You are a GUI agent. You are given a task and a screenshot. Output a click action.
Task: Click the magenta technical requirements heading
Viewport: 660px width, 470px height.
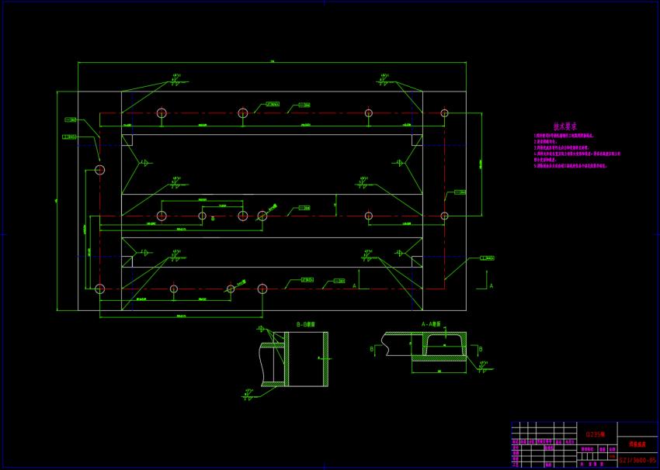coord(564,126)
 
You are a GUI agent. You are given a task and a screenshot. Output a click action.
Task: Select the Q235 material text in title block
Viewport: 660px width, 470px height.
coord(596,434)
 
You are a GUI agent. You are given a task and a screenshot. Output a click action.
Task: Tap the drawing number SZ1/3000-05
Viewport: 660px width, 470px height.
coord(637,461)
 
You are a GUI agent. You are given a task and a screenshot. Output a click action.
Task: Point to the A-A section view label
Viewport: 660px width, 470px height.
coord(430,324)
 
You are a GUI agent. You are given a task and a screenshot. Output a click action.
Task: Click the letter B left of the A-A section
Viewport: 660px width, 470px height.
coord(372,349)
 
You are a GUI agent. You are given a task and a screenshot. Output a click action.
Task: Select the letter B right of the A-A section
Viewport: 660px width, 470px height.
coord(480,349)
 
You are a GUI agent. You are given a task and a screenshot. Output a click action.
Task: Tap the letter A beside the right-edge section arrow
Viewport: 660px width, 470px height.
coord(491,286)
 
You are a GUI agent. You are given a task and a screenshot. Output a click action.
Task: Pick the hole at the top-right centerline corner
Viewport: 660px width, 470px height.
coord(444,113)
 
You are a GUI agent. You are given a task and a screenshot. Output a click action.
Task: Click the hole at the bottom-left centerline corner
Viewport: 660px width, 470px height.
coord(99,289)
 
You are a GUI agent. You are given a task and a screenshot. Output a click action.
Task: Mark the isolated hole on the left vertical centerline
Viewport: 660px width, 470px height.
coord(99,170)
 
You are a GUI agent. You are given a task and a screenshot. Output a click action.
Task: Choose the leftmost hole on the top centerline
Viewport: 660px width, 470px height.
coord(162,113)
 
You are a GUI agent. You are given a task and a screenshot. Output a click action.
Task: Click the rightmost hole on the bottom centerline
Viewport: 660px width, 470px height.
coord(262,289)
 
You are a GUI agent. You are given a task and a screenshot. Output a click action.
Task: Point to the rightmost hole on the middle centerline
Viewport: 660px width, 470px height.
coord(444,216)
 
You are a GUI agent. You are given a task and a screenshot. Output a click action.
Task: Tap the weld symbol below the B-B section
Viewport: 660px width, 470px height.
coord(249,393)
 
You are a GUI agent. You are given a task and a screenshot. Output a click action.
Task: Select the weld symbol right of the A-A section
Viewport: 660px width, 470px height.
coord(483,366)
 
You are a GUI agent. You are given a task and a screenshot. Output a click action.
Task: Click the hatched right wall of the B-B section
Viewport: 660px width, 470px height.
coord(325,358)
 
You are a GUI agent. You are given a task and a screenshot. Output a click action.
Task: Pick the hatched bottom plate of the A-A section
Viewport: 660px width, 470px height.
coord(438,359)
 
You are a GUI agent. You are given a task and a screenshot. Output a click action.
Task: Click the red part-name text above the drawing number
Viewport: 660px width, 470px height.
coord(637,444)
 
